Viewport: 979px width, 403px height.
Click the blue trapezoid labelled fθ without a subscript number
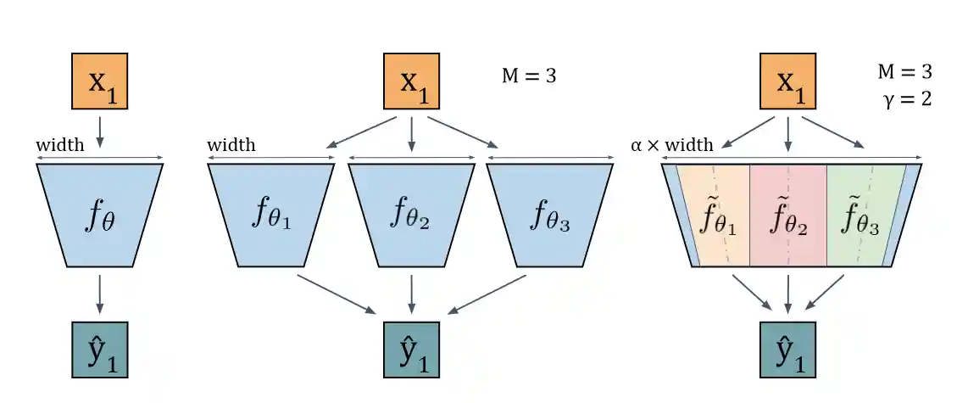[x=100, y=215]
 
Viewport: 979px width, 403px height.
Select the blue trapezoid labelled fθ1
[x=271, y=215]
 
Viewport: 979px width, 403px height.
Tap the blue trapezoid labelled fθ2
[x=411, y=215]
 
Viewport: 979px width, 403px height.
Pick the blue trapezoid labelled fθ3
[x=550, y=215]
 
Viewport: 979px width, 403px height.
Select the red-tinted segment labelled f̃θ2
[x=788, y=216]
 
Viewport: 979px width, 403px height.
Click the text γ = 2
[x=906, y=98]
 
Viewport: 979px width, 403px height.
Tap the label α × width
[x=672, y=144]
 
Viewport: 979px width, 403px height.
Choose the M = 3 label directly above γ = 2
[x=904, y=71]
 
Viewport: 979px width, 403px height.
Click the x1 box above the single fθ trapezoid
[x=100, y=82]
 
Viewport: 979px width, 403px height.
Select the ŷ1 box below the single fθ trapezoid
[x=100, y=349]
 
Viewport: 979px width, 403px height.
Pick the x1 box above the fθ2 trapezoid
[x=412, y=82]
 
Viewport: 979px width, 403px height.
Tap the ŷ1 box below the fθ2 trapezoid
[x=412, y=349]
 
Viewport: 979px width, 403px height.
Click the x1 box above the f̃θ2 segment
[x=789, y=82]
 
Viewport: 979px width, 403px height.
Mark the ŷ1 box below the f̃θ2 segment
[x=789, y=349]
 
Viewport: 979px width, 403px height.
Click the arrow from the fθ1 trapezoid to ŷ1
[x=337, y=293]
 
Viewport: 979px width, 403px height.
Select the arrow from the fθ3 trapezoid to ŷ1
[x=492, y=294]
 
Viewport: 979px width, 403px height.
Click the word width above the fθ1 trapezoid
[x=231, y=144]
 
